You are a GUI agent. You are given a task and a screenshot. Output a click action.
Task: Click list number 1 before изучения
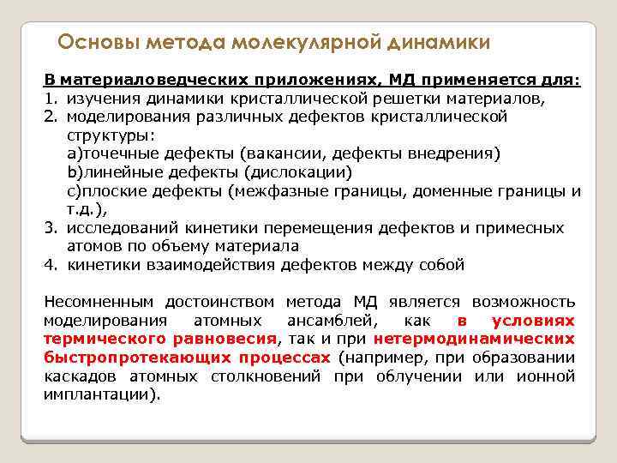[x=50, y=99]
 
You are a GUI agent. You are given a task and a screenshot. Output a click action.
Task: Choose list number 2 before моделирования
[x=50, y=117]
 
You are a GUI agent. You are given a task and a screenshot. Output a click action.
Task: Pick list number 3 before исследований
[x=50, y=228]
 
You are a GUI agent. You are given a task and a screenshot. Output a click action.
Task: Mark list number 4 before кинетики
[x=50, y=265]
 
